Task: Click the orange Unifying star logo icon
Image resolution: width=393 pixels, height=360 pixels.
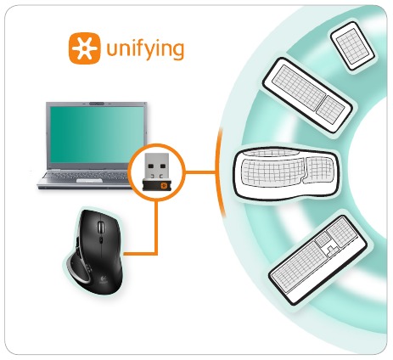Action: pyautogui.click(x=84, y=48)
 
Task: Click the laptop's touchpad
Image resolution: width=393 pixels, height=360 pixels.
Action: pyautogui.click(x=89, y=181)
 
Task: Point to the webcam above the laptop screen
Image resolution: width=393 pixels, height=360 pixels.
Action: pyautogui.click(x=97, y=104)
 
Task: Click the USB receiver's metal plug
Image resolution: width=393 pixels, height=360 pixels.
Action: pyautogui.click(x=156, y=166)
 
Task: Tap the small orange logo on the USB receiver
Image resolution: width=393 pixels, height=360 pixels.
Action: pyautogui.click(x=164, y=185)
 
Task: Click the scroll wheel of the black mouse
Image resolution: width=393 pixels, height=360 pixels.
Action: pyautogui.click(x=101, y=228)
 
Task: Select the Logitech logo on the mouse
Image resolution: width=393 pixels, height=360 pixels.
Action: pyautogui.click(x=103, y=280)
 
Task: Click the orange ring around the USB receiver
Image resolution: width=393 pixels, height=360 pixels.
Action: pyautogui.click(x=156, y=144)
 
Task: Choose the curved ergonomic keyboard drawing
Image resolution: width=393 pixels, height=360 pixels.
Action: pyautogui.click(x=286, y=173)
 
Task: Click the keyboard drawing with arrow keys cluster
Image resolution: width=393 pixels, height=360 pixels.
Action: pyautogui.click(x=317, y=260)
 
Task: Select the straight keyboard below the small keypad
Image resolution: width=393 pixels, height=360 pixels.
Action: pyautogui.click(x=307, y=94)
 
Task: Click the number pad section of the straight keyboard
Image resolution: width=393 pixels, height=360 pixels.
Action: pyautogui.click(x=330, y=110)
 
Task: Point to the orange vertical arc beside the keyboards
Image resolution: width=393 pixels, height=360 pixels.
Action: pyautogui.click(x=218, y=172)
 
